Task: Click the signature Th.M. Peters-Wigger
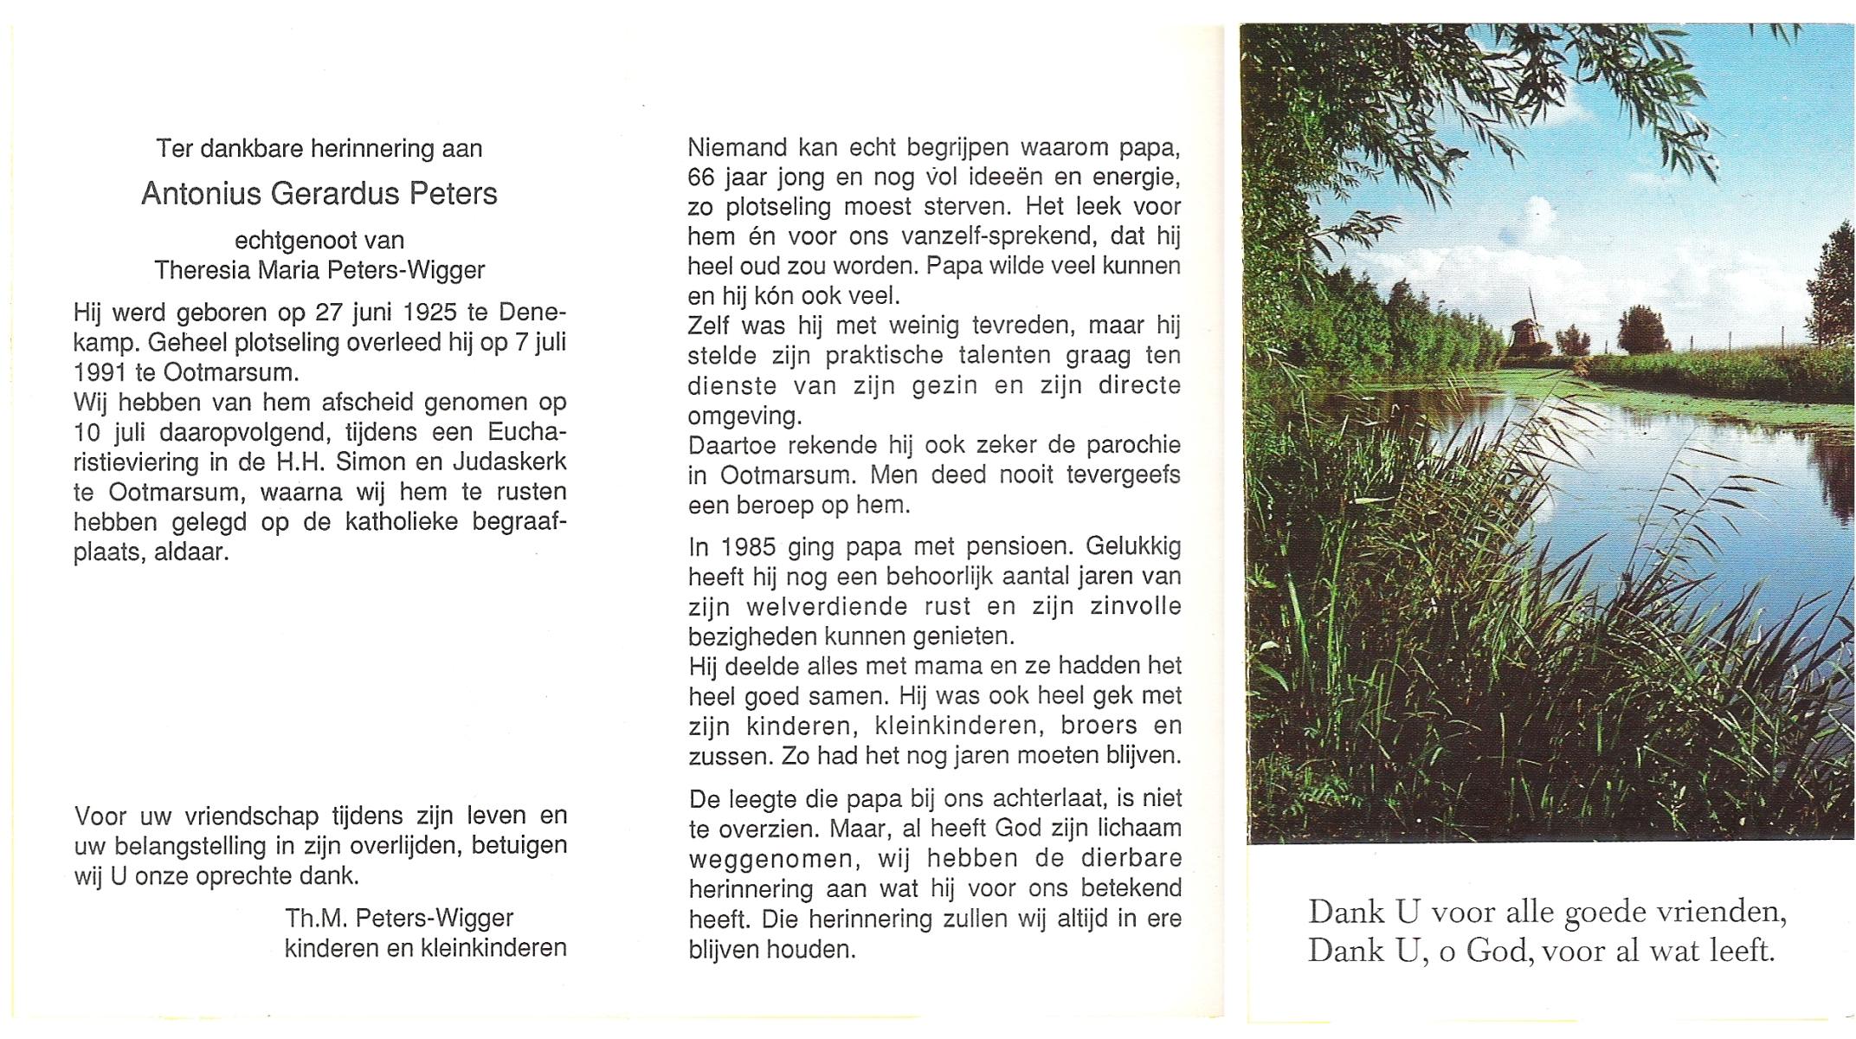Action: (x=399, y=918)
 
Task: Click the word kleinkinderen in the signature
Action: (x=493, y=948)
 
